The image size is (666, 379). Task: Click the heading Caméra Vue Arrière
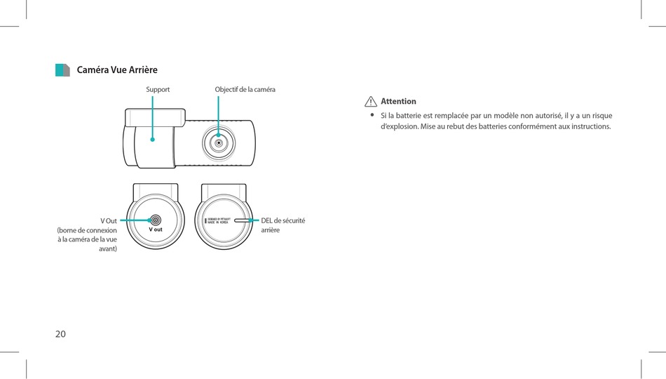(x=117, y=70)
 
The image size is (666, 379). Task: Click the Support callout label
(x=158, y=90)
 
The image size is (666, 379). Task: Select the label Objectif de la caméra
(x=245, y=90)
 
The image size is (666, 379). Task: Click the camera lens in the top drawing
(x=218, y=142)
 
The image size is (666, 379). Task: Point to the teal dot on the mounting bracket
(x=152, y=139)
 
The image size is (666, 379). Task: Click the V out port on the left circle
(x=156, y=220)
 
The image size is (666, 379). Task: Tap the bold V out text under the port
(x=156, y=230)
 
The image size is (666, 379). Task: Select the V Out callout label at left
(x=109, y=221)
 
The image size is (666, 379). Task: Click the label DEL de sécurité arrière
(x=283, y=225)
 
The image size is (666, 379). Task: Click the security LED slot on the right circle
(x=243, y=220)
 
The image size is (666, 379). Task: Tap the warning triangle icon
(x=371, y=102)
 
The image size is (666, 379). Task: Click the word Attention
(x=398, y=102)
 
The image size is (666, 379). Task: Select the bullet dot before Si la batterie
(x=372, y=114)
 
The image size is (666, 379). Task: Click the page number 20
(x=60, y=334)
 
